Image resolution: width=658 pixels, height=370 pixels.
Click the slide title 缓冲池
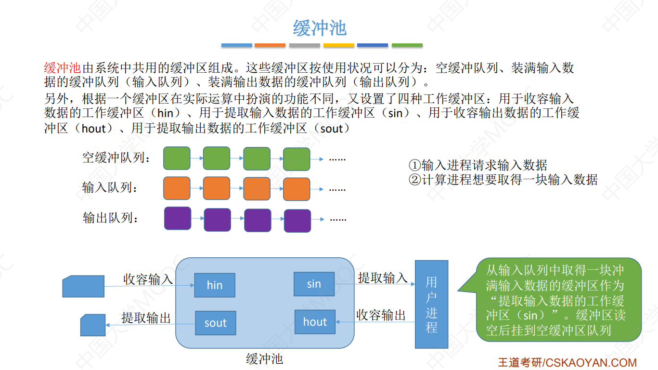pyautogui.click(x=320, y=28)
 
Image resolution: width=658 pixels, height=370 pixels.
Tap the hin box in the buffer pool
pyautogui.click(x=215, y=285)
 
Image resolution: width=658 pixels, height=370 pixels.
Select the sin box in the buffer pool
pyautogui.click(x=314, y=284)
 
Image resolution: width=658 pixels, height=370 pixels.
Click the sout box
pyautogui.click(x=215, y=323)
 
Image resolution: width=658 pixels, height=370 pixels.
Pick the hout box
pyautogui.click(x=315, y=322)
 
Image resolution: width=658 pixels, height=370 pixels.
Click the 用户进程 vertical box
pyautogui.click(x=431, y=304)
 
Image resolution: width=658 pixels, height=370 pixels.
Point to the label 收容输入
pyautogui.click(x=148, y=279)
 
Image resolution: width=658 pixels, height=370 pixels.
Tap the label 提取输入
pyautogui.click(x=383, y=277)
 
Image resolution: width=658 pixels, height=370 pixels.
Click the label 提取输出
pyautogui.click(x=146, y=317)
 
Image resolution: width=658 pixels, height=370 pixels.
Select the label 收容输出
pyautogui.click(x=381, y=315)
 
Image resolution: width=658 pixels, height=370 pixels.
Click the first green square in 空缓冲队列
pyautogui.click(x=177, y=158)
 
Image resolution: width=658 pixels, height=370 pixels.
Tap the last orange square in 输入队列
pyautogui.click(x=296, y=189)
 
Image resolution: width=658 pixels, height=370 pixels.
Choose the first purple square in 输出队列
pyautogui.click(x=178, y=218)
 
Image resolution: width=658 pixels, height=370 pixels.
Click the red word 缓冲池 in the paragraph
pyautogui.click(x=63, y=68)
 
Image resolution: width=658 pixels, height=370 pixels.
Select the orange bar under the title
pyautogui.click(x=270, y=45)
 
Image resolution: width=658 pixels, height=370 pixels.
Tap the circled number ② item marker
pyautogui.click(x=414, y=180)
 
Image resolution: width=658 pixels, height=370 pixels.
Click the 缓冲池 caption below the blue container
pyautogui.click(x=264, y=358)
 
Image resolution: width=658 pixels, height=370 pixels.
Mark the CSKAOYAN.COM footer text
pyautogui.click(x=591, y=363)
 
